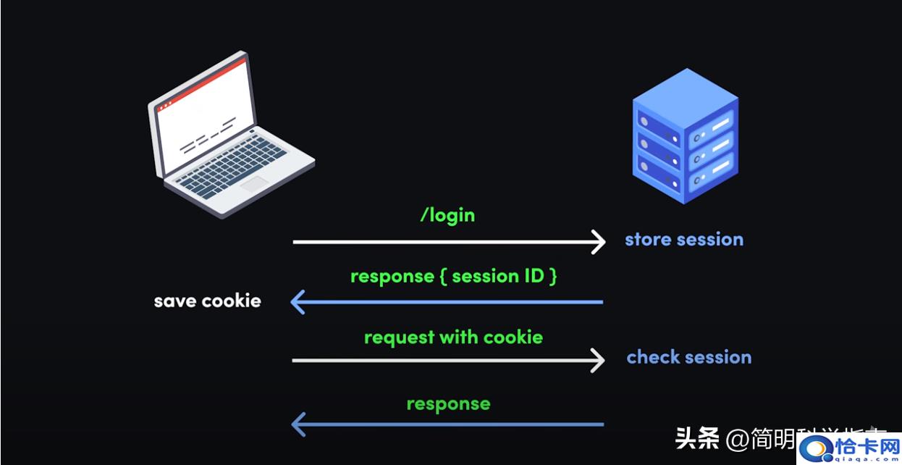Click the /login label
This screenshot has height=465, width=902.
(x=447, y=214)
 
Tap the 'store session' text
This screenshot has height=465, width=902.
(x=684, y=240)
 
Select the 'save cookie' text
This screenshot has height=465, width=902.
(x=207, y=300)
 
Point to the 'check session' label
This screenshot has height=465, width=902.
(x=688, y=357)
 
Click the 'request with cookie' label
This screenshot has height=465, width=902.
(x=453, y=338)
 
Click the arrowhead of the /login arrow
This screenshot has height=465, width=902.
(x=598, y=242)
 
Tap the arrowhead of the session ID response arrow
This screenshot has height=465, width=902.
(x=298, y=301)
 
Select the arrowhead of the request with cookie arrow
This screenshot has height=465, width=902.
(x=598, y=360)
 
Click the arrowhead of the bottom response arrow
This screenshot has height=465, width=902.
(x=298, y=424)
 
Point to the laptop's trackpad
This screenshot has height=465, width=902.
(x=256, y=184)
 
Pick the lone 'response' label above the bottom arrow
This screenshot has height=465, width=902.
(x=448, y=403)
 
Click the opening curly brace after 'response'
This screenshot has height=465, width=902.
(x=443, y=277)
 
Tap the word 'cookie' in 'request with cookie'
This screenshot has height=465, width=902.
(x=513, y=338)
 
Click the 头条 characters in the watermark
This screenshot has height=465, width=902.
(x=698, y=437)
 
